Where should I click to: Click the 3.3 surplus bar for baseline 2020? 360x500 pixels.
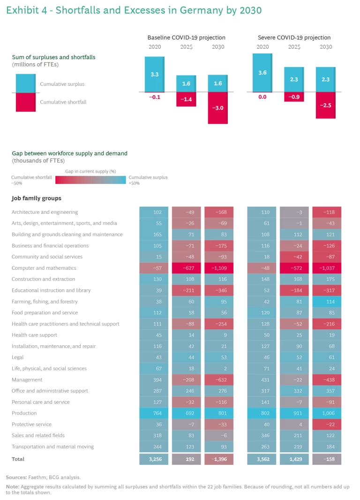154,74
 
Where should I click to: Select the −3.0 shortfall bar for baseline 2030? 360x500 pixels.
218,108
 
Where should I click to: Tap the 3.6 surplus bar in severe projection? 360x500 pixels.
262,73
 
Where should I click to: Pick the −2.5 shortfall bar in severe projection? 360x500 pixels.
326,105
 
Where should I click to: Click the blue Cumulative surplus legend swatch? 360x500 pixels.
26,83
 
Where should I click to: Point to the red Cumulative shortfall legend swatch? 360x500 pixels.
26,102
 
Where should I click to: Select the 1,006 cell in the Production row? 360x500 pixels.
326,413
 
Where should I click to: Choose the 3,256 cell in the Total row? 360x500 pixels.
154,459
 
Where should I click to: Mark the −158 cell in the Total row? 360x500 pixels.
326,459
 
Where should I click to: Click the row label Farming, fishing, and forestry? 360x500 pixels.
45,302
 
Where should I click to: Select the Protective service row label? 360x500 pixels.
31,424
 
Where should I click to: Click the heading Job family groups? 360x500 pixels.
36,198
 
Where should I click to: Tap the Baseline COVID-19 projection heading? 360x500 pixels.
186,38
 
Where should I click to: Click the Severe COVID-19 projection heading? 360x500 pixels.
294,38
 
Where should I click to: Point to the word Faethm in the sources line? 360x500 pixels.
37,477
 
